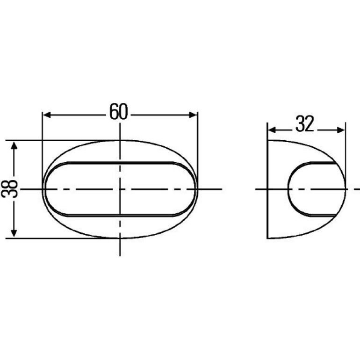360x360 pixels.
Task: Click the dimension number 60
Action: tap(118, 112)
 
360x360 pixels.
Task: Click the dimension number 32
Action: tap(305, 124)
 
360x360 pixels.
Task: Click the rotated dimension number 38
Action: tap(9, 189)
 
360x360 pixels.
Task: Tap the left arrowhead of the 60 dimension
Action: tap(47, 115)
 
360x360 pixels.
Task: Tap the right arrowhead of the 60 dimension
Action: tap(193, 115)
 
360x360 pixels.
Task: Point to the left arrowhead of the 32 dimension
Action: tap(272, 130)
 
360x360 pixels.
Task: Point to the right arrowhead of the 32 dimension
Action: tap(341, 130)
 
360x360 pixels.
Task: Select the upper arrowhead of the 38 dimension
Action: tap(14, 145)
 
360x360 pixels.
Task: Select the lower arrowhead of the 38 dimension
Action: tap(14, 233)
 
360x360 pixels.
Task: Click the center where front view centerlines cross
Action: tap(120, 189)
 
